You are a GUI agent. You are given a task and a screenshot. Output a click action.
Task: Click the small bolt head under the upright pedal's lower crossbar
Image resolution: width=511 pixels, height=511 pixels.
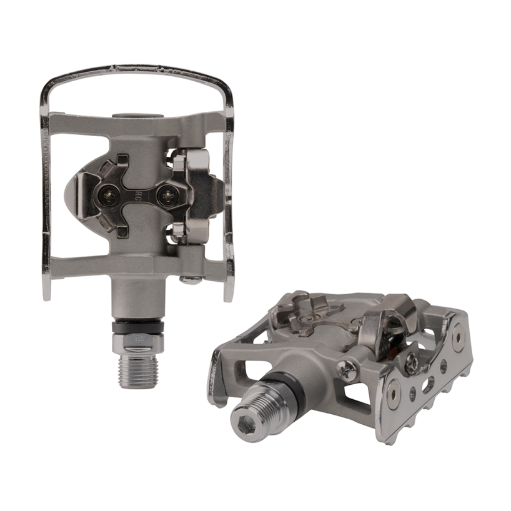point(189,279)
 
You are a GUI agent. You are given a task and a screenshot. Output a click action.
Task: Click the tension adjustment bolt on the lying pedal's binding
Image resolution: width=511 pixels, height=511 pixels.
point(412,362)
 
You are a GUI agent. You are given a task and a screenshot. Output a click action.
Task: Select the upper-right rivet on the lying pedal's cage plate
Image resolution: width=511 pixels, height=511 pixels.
point(458,337)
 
